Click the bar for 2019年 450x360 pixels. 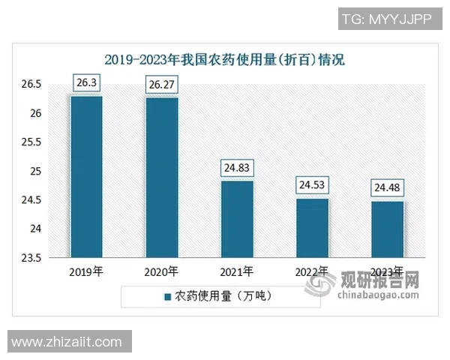86,176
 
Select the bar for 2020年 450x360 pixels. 162,177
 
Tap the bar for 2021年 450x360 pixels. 237,219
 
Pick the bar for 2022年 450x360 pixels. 312,228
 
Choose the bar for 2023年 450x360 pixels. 387,229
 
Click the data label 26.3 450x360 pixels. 86,84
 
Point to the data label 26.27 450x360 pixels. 162,85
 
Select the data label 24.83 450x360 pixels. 237,169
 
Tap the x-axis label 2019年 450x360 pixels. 86,271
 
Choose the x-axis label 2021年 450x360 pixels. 237,271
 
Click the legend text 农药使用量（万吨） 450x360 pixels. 223,297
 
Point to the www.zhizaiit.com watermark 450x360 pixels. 67,342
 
